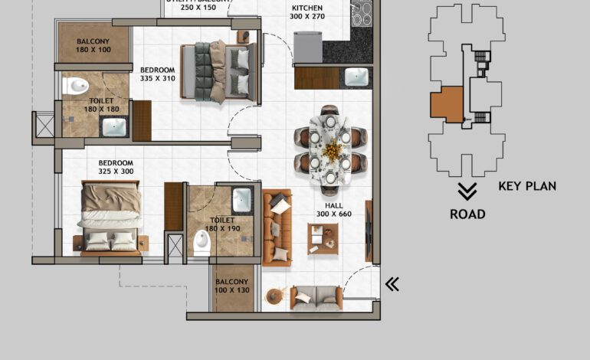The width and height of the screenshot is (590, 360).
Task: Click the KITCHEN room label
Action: [307, 11]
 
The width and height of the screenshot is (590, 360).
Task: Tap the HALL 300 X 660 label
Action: [333, 209]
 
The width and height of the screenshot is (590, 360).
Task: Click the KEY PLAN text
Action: [527, 186]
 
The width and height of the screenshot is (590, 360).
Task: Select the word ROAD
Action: [467, 214]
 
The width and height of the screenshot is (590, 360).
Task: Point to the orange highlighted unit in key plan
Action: [447, 105]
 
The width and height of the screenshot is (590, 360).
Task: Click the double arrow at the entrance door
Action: [392, 285]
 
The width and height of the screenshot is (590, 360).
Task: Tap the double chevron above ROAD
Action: [467, 191]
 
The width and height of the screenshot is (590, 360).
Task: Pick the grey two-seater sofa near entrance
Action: [316, 297]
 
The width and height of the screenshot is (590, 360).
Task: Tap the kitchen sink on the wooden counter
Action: [357, 77]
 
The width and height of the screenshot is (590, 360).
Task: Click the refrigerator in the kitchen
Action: [309, 47]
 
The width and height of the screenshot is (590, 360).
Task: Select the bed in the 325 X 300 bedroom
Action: [110, 218]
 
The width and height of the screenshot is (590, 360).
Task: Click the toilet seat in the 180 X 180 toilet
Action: [74, 87]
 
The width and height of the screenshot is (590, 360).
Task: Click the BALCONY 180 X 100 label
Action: [93, 45]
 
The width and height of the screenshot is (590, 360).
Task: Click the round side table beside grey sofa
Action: [275, 296]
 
